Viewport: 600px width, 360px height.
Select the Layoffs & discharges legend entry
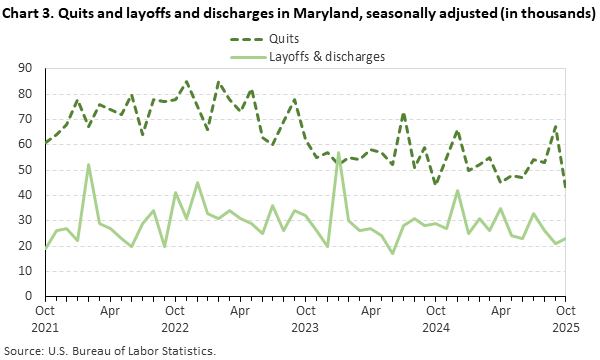click(327, 56)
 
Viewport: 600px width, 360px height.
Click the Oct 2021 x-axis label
click(45, 319)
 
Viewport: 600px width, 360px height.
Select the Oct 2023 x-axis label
click(305, 319)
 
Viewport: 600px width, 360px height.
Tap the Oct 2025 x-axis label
click(566, 319)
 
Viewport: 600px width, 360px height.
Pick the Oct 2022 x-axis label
click(175, 319)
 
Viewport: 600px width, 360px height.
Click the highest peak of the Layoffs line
click(338, 153)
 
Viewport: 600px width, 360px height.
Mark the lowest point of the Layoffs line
click(392, 253)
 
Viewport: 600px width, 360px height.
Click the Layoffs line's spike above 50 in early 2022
click(89, 165)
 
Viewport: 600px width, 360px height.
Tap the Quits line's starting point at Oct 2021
click(45, 142)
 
